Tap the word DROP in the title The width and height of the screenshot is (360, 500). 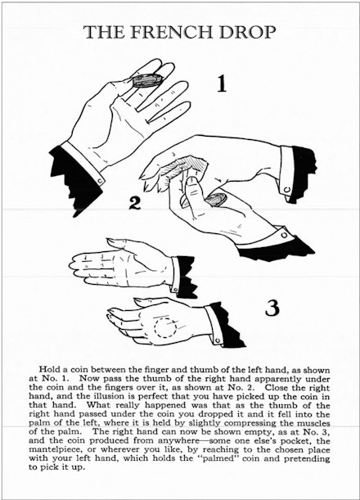[247, 32]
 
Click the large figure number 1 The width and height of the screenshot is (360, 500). [222, 83]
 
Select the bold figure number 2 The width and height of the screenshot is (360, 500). [134, 203]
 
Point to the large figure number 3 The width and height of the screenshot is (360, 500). [272, 308]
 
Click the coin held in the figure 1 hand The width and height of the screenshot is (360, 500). [146, 79]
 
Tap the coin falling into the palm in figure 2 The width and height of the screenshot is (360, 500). [215, 200]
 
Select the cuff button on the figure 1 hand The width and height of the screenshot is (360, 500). [100, 182]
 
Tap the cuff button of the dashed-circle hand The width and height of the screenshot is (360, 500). [218, 340]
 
